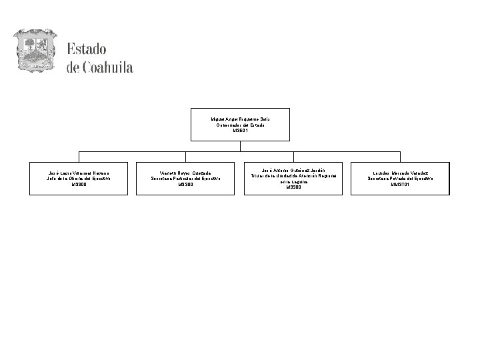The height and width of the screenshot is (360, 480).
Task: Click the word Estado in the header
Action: point(87,51)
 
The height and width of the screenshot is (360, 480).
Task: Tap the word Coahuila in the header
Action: point(109,68)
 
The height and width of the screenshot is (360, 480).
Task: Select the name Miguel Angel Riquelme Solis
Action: point(240,119)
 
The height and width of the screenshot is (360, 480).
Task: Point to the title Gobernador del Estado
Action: point(240,125)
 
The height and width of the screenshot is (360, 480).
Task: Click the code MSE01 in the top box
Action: point(240,131)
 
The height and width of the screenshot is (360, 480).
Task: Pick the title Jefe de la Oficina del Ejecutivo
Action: point(78,179)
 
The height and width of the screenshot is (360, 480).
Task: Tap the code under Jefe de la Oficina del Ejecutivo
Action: point(78,185)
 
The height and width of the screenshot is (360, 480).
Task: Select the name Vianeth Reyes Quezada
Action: point(186,173)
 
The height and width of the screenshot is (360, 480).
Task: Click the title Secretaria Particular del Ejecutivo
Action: point(186,179)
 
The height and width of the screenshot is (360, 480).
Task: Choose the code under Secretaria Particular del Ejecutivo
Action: point(186,185)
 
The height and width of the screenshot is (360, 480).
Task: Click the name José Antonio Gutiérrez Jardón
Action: point(293,169)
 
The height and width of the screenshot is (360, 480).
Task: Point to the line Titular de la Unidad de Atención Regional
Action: point(293,175)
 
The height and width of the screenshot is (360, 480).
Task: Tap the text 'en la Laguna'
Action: point(293,181)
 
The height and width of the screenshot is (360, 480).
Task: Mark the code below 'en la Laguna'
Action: point(293,187)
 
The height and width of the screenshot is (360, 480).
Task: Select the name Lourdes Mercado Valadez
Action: point(401,173)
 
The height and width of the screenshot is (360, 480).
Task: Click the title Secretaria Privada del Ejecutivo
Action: point(401,179)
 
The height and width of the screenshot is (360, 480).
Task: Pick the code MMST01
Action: point(401,185)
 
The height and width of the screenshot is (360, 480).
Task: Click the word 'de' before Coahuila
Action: point(73,68)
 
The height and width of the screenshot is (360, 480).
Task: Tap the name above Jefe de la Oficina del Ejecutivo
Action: point(78,173)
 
